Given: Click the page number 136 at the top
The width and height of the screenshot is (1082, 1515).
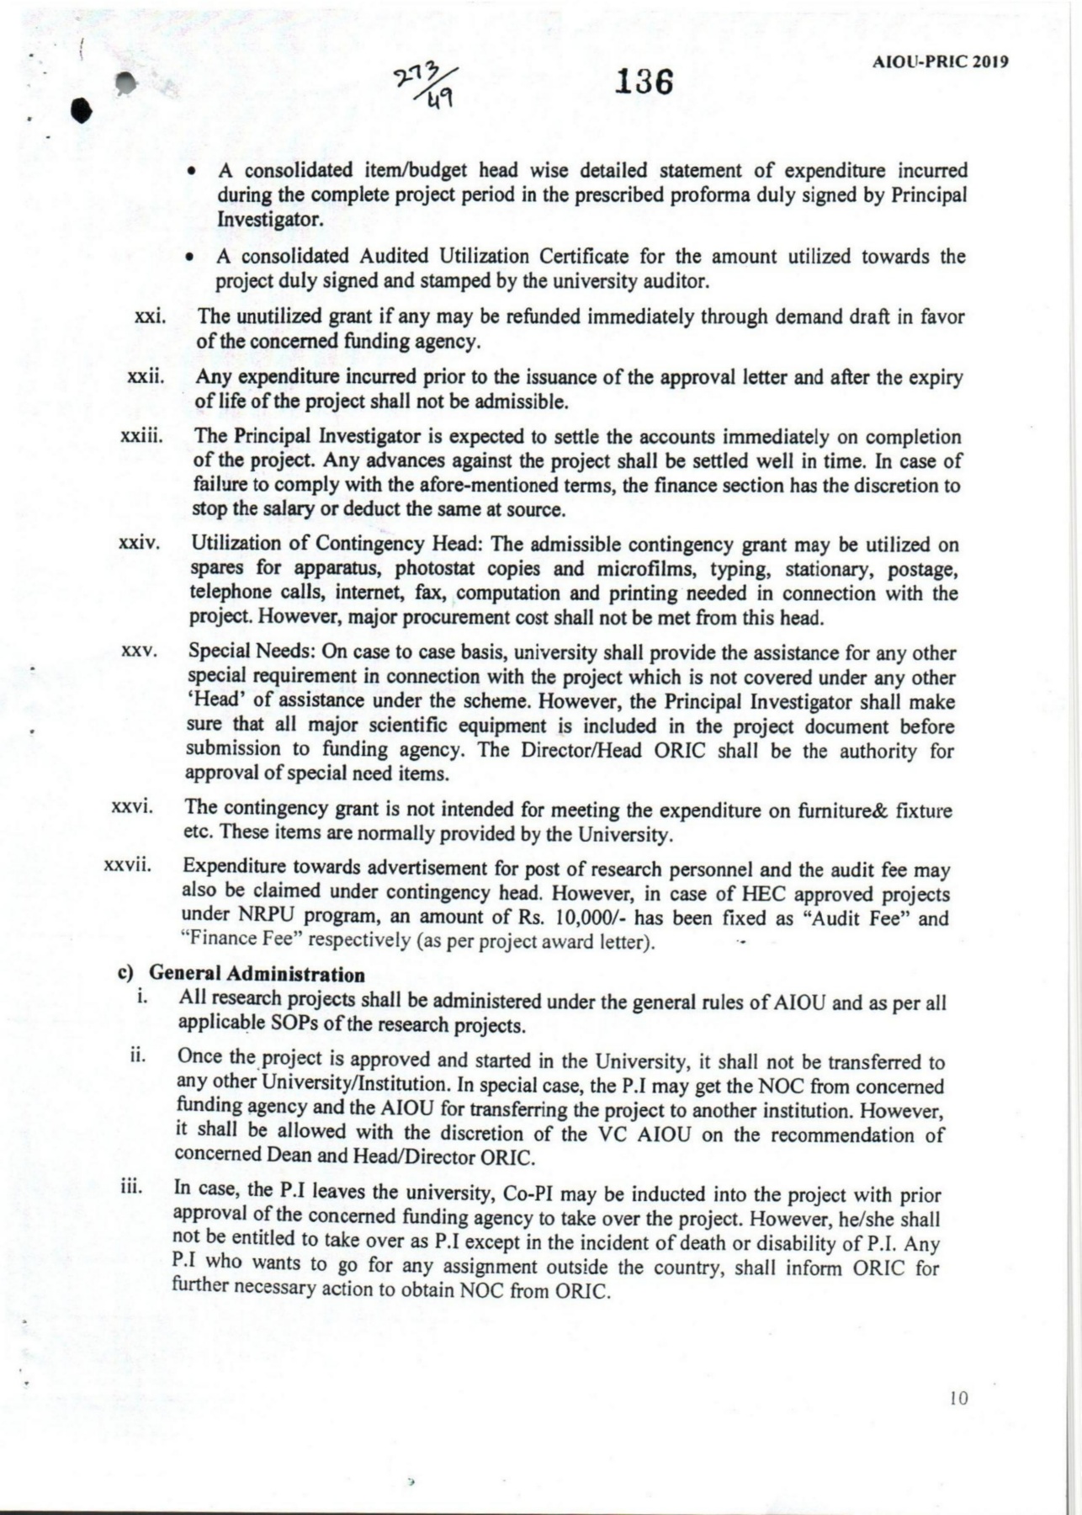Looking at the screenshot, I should (x=645, y=83).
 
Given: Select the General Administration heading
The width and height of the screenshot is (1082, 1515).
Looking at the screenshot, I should (x=257, y=975).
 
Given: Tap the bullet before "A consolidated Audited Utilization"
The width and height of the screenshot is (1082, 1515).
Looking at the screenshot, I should (x=194, y=256).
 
